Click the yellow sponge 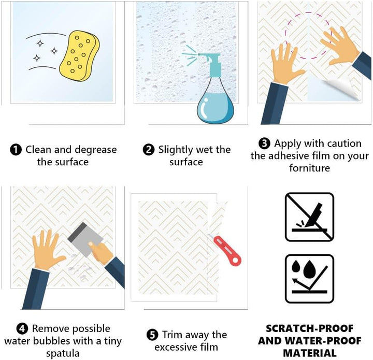click(79, 56)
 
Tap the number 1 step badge click(16, 150)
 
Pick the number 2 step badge click(149, 150)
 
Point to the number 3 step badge click(264, 143)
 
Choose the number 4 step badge click(22, 328)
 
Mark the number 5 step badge click(152, 335)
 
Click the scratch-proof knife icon click(309, 217)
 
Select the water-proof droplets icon click(309, 279)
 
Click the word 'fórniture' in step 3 click(309, 168)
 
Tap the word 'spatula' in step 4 click(63, 354)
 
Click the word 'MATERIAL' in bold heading click(310, 353)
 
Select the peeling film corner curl click(343, 89)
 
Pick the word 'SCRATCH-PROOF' click(309, 328)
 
